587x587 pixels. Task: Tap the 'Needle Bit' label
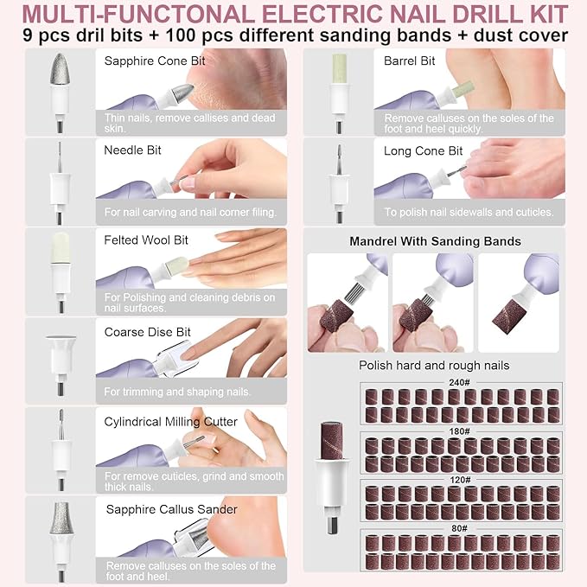(133, 150)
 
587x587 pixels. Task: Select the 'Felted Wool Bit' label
(146, 239)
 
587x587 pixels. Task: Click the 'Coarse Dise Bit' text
(148, 332)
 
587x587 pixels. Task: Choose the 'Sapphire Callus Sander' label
(171, 509)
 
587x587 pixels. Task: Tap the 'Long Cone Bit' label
(424, 150)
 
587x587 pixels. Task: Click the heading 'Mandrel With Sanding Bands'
(435, 241)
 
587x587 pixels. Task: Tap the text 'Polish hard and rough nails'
(434, 366)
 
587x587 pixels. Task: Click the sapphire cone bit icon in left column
(61, 83)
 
